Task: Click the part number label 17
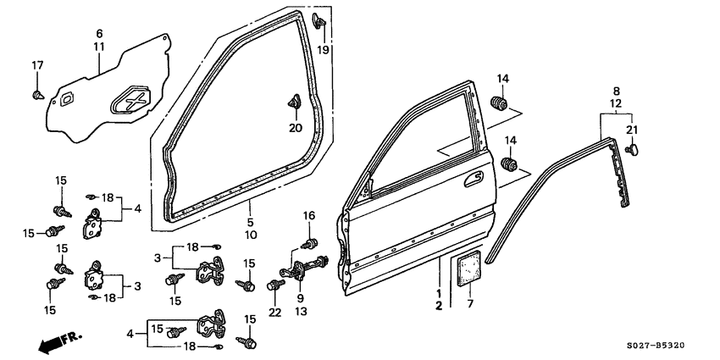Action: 37,66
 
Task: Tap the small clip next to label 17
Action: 37,93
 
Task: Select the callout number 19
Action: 323,51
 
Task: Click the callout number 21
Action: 630,129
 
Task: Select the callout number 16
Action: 309,215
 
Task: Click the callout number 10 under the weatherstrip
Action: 252,234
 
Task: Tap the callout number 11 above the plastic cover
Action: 99,47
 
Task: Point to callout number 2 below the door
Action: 439,306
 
